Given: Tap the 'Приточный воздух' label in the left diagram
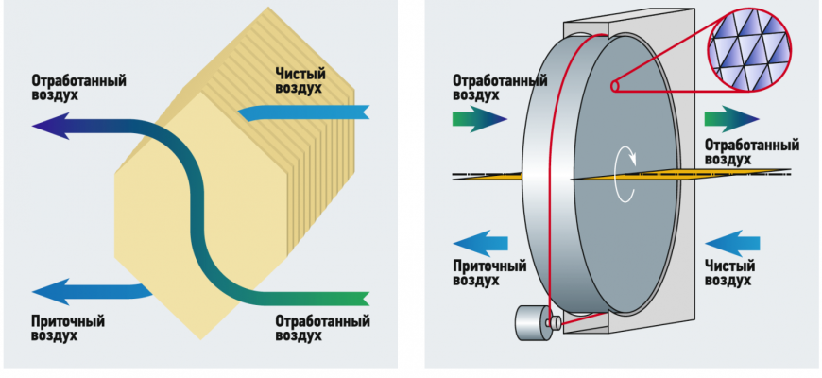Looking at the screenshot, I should (67, 328).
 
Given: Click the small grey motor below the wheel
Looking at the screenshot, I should (532, 324).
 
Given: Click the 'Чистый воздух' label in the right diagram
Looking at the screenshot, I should (728, 273).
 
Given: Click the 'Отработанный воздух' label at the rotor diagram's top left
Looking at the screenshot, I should (500, 88).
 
